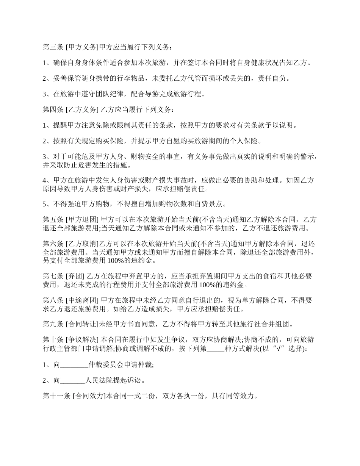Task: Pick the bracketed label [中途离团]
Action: [82, 300]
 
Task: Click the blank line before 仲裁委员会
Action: [74, 365]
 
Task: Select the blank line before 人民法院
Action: [73, 381]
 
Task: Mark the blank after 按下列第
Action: [215, 349]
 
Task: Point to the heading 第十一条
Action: [56, 396]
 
